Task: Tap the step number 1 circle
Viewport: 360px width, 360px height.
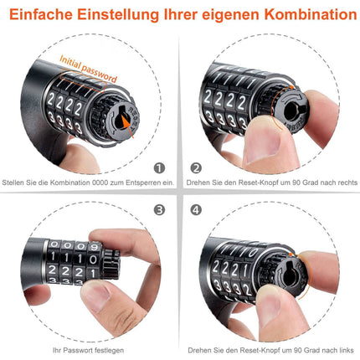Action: pos(160,167)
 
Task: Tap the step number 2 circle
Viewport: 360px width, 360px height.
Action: pos(197,167)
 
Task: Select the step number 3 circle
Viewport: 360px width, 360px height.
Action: pos(160,209)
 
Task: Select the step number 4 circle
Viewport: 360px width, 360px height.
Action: pos(197,209)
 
